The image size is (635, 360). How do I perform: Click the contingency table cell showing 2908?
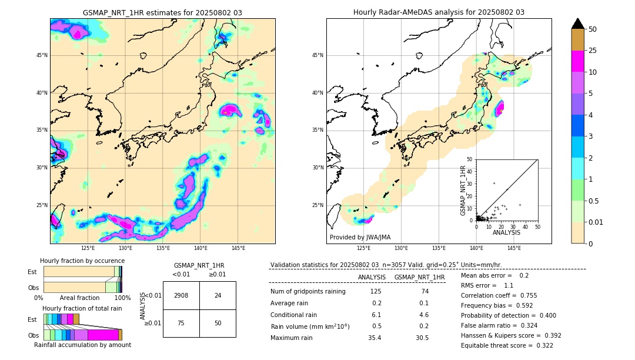point(181,295)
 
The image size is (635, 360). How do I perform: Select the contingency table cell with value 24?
point(218,295)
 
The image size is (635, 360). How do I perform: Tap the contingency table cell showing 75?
point(181,323)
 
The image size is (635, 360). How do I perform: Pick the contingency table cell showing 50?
point(218,323)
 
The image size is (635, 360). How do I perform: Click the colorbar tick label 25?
point(593,51)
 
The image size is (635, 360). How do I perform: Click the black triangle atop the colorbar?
point(578,24)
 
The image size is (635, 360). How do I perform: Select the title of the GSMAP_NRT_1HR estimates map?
point(162,13)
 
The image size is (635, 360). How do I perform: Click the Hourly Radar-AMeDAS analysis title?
point(439,12)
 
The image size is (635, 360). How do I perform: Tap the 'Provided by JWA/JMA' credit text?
point(359,237)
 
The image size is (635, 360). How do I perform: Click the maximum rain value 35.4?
point(375,338)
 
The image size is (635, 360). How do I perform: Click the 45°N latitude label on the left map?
point(42,55)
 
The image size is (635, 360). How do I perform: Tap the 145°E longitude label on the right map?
point(514,248)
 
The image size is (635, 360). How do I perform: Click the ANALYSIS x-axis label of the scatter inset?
point(506,232)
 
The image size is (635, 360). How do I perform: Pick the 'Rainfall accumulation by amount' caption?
point(82,345)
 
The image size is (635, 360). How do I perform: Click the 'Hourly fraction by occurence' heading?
point(82,261)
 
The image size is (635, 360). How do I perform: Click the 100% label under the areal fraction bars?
point(122,298)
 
